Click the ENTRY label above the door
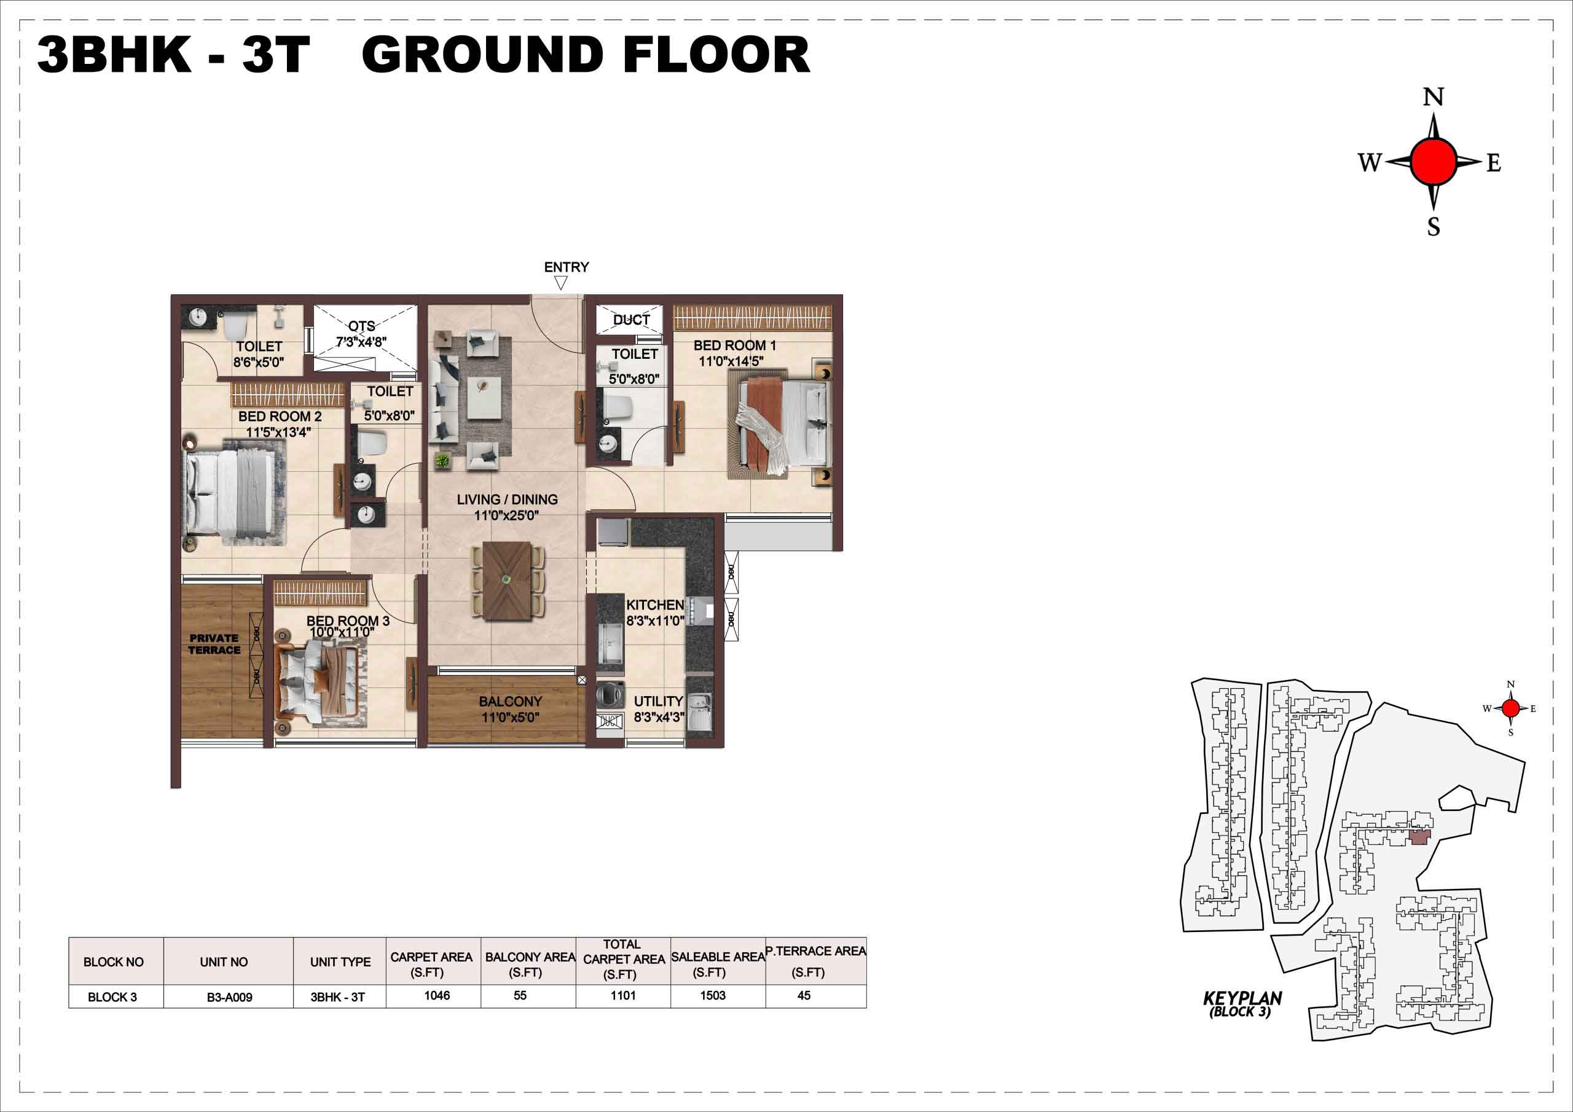566,267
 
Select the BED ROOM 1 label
734,345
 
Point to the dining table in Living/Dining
507,581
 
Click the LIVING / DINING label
507,499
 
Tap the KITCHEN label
655,605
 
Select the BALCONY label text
511,702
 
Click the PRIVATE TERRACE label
214,644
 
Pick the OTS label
362,327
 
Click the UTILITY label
658,701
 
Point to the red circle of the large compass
1434,162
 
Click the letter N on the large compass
1434,96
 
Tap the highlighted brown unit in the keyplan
1419,837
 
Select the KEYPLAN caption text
1242,998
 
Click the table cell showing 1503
713,995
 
